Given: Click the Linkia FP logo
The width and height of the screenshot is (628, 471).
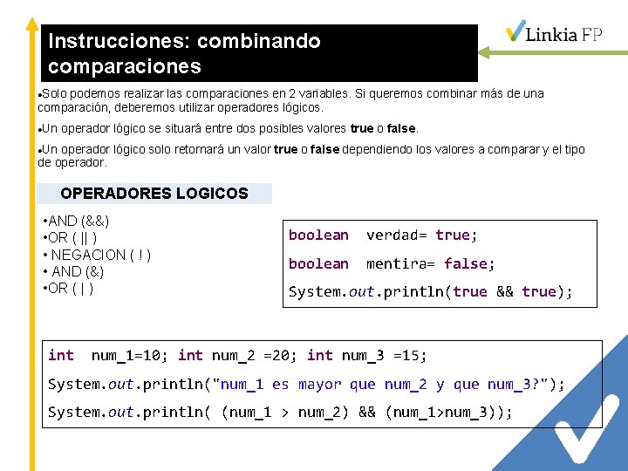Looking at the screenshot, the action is (554, 33).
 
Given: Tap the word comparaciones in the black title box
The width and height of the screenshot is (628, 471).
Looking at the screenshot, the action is (125, 66).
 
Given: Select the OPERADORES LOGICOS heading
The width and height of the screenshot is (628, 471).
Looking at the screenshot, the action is (154, 194).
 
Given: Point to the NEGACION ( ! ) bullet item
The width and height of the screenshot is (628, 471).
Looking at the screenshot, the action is (97, 255).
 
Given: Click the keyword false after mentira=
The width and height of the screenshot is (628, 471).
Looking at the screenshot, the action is (466, 263).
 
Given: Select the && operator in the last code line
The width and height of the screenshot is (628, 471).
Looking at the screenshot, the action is (366, 412).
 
